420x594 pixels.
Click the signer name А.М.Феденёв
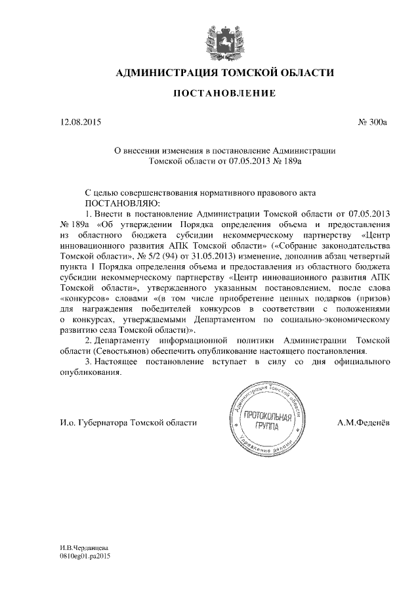pyautogui.click(x=364, y=423)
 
